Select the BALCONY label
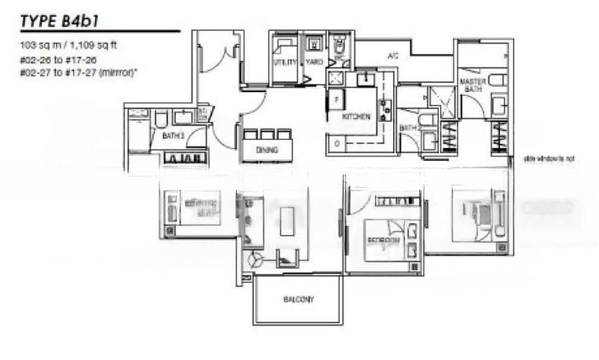298,299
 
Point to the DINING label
267,150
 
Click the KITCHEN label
356,118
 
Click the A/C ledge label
392,56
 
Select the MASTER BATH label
473,85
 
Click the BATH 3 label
162,137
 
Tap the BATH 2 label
408,128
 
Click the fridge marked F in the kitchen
337,98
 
